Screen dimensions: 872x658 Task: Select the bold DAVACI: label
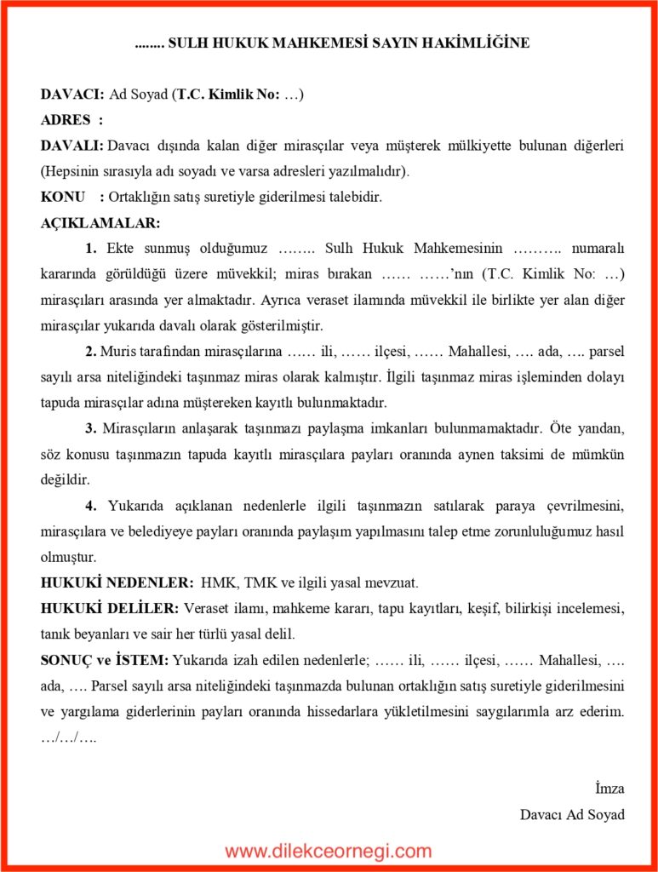[72, 95]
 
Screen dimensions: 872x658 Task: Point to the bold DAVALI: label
[72, 146]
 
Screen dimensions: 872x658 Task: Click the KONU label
[62, 197]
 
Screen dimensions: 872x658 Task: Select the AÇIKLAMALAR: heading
[100, 223]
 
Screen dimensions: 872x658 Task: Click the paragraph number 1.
[91, 249]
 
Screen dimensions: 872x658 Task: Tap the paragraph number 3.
[90, 428]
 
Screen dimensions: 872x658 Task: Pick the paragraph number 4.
[91, 506]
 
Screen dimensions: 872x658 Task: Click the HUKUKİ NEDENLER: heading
[117, 583]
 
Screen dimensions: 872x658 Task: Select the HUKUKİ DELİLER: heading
[110, 609]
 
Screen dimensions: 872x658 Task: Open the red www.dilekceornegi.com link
[329, 851]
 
